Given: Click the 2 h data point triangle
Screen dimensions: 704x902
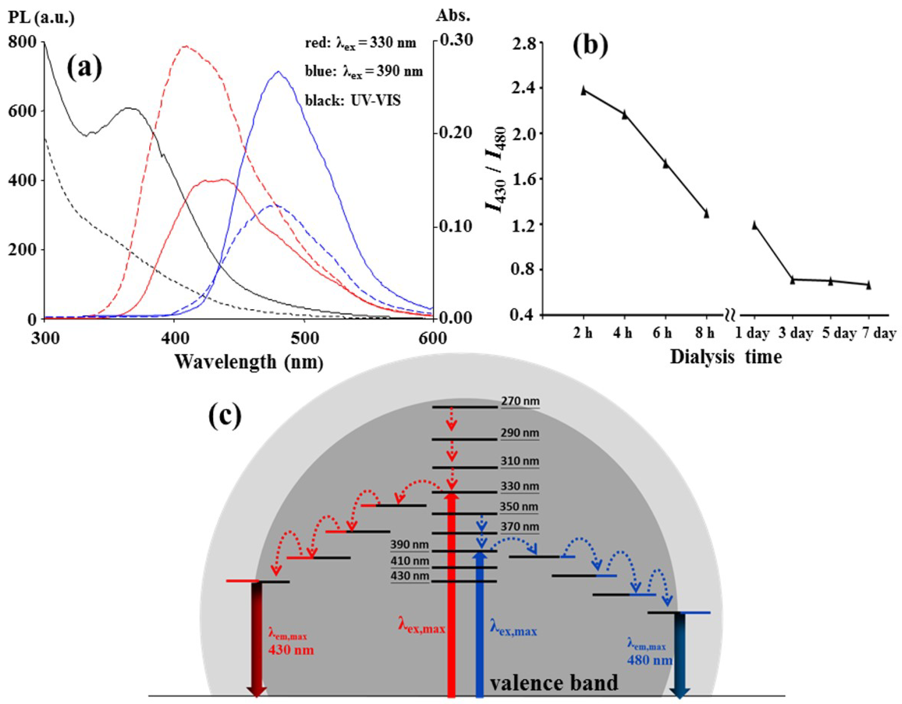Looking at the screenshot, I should pos(583,91).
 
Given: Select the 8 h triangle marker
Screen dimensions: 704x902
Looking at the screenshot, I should pos(706,214).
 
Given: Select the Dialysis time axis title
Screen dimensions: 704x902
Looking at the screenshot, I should pos(726,356).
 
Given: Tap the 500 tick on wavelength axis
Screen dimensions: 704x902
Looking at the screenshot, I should pos(304,338).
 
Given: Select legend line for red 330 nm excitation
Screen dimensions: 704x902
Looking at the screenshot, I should pos(360,43).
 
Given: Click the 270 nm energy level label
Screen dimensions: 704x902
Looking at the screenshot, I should pos(520,401).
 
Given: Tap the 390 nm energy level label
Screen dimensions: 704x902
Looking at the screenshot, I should pos(410,545).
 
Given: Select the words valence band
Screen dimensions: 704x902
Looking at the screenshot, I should pos(554,683).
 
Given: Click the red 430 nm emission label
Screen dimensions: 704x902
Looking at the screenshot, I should pos(291,650).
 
